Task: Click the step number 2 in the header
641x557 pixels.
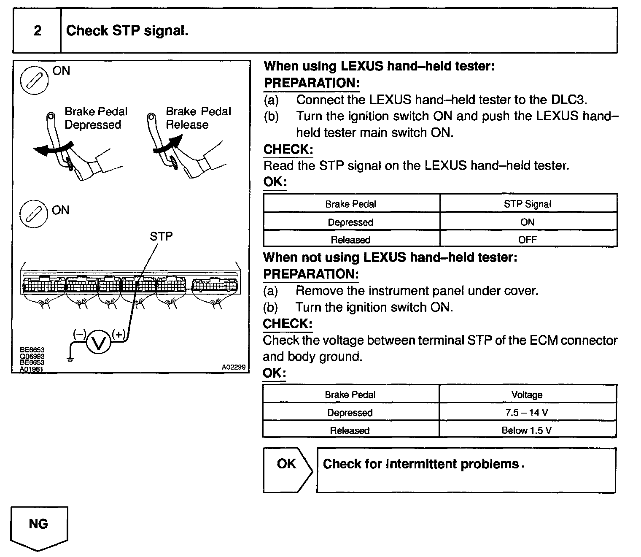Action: point(37,31)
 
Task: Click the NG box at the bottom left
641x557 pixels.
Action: point(38,525)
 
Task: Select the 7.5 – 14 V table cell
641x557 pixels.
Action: point(527,413)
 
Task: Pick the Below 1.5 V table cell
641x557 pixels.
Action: point(527,430)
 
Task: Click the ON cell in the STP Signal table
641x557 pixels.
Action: point(527,222)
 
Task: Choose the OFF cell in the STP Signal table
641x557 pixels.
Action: point(527,240)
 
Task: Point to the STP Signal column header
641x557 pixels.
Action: point(527,204)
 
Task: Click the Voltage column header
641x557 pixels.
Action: point(527,395)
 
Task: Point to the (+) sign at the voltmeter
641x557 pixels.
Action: point(119,335)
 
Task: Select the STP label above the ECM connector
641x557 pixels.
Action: point(161,236)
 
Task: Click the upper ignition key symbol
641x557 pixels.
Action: point(35,81)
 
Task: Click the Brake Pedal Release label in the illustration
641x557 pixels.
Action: point(198,118)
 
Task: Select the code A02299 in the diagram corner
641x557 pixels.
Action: point(233,367)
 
